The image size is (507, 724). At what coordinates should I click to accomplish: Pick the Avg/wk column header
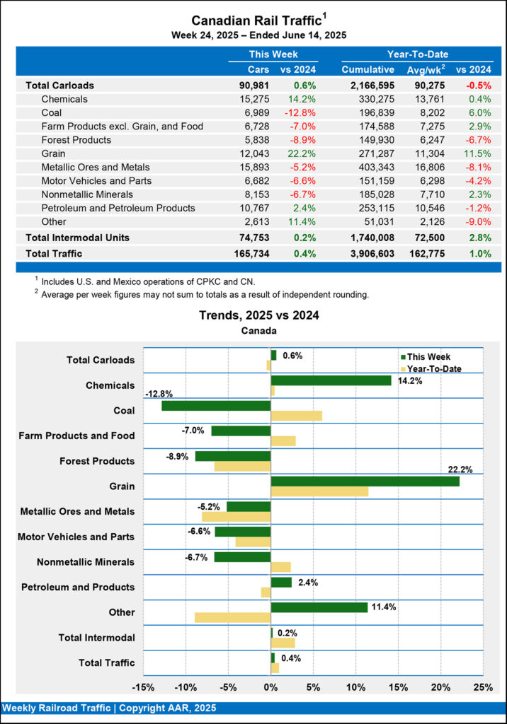[x=425, y=69]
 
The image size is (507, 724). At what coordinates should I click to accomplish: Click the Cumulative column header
[x=368, y=69]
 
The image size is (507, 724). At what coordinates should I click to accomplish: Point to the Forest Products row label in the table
[x=76, y=140]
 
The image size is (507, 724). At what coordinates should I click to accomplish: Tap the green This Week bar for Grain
[x=365, y=481]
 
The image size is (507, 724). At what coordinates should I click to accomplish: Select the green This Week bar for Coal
[x=216, y=406]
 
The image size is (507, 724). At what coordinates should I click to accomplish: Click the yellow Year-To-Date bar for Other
[x=232, y=617]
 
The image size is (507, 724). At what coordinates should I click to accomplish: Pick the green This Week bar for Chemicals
[x=331, y=380]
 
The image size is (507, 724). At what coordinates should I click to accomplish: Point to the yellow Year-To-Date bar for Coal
[x=297, y=416]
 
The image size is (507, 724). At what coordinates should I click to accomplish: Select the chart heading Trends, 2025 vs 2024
[x=253, y=315]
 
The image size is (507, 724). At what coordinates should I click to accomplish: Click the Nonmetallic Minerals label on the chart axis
[x=86, y=562]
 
